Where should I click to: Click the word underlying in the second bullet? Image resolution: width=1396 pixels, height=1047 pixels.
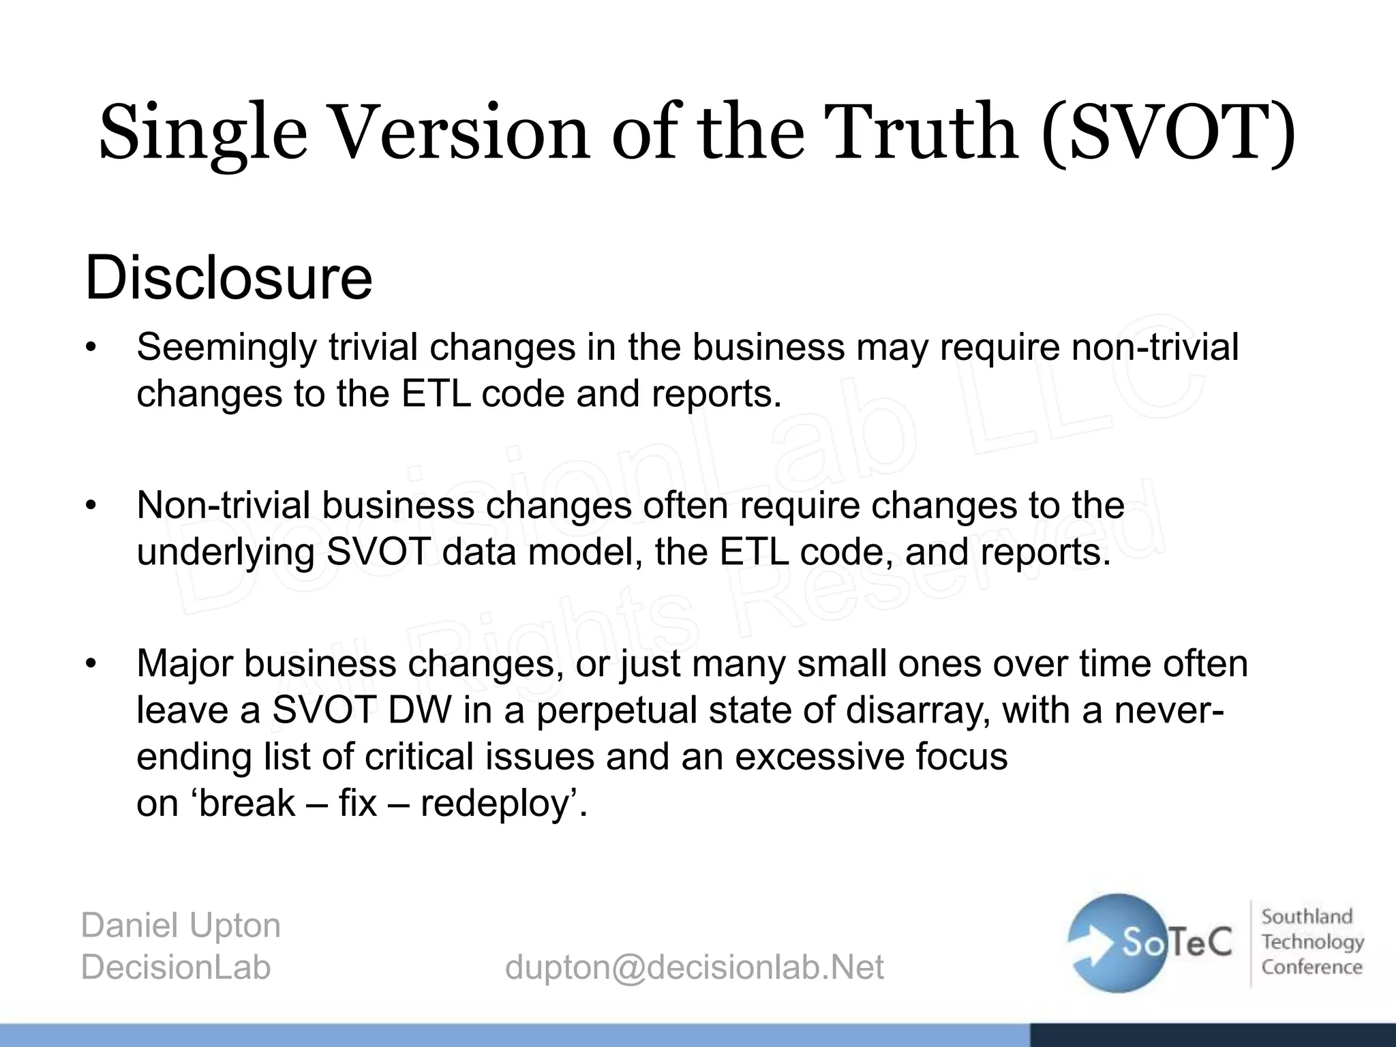[225, 552]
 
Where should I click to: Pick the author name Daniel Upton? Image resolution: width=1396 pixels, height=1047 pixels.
[181, 926]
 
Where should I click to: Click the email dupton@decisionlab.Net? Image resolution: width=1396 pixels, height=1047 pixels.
[694, 967]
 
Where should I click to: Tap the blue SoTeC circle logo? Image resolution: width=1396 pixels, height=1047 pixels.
[1118, 942]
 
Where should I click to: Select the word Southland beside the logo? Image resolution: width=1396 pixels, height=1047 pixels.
[1307, 917]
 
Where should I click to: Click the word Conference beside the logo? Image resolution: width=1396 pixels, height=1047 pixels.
[1311, 967]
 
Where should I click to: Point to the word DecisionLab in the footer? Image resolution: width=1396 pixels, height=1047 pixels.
[176, 967]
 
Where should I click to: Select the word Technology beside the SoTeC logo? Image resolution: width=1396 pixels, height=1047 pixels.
[1312, 942]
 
